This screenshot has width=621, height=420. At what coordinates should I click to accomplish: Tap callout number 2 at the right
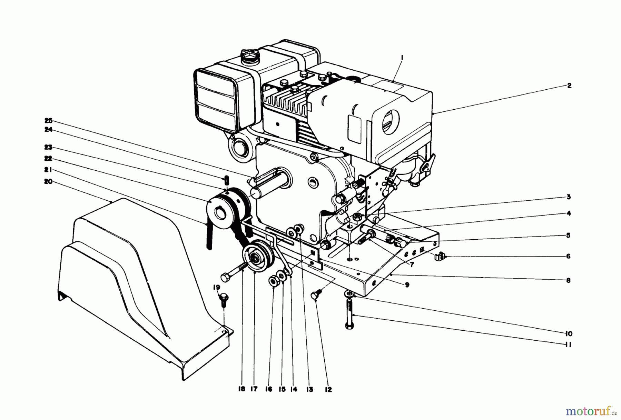pos(570,86)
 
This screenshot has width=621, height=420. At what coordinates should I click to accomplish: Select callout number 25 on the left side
pos(48,120)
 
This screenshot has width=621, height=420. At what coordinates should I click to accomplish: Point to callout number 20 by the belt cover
pos(48,181)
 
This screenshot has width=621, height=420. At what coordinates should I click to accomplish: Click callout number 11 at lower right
pos(569,344)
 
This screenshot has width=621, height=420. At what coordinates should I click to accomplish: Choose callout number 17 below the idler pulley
pos(254,389)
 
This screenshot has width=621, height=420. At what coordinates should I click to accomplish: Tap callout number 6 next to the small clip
pos(569,256)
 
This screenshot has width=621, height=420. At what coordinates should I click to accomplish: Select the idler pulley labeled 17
pos(257,258)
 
